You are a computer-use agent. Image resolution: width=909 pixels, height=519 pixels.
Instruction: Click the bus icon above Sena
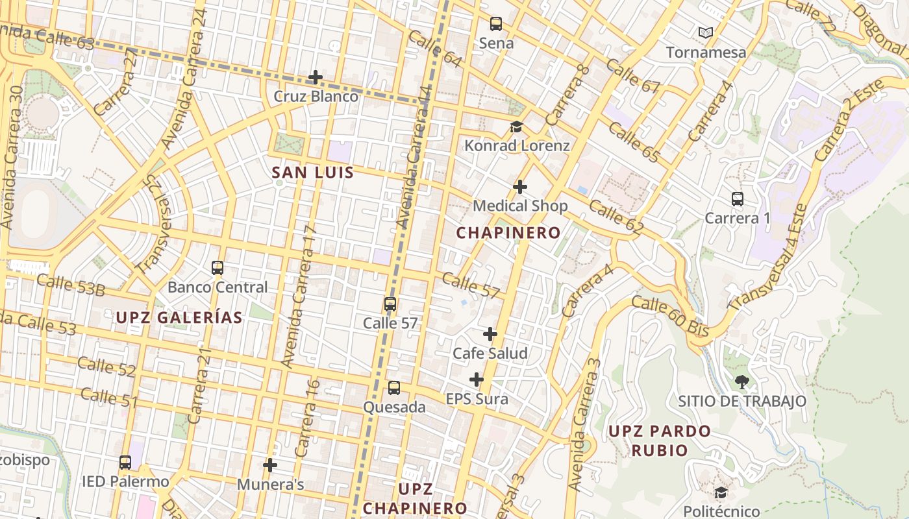pos(496,24)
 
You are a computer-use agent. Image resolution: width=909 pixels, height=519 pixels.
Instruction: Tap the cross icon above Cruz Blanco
pos(316,77)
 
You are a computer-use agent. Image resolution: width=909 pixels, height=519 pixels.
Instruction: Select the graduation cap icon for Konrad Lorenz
pos(516,127)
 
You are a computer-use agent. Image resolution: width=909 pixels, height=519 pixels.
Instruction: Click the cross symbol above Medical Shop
pos(520,187)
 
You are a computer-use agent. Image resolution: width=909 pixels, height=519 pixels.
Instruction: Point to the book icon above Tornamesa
pos(705,32)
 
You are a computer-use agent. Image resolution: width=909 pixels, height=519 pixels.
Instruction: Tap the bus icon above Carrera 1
pos(737,199)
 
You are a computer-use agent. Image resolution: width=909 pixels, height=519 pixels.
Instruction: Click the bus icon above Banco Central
pos(218,267)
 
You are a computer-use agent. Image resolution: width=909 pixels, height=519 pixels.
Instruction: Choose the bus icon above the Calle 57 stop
pos(390,304)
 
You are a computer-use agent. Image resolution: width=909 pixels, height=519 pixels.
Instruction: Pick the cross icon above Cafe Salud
pos(490,334)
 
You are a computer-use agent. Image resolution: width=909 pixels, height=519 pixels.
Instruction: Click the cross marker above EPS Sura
pos(477,379)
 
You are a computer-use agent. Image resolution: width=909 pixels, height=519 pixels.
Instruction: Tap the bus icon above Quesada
pos(394,388)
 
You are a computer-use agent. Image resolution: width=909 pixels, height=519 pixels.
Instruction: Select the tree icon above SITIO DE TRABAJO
pos(741,381)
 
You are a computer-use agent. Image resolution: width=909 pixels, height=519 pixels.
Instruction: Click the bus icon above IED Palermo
pos(125,463)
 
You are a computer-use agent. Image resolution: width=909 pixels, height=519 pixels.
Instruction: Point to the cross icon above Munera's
pos(270,465)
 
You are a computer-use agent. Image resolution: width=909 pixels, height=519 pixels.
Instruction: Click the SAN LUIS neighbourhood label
pos(313,173)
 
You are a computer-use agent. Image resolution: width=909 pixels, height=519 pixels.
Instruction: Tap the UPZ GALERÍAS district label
pos(179,318)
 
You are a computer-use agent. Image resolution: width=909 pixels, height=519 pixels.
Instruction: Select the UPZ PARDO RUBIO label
pos(660,441)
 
